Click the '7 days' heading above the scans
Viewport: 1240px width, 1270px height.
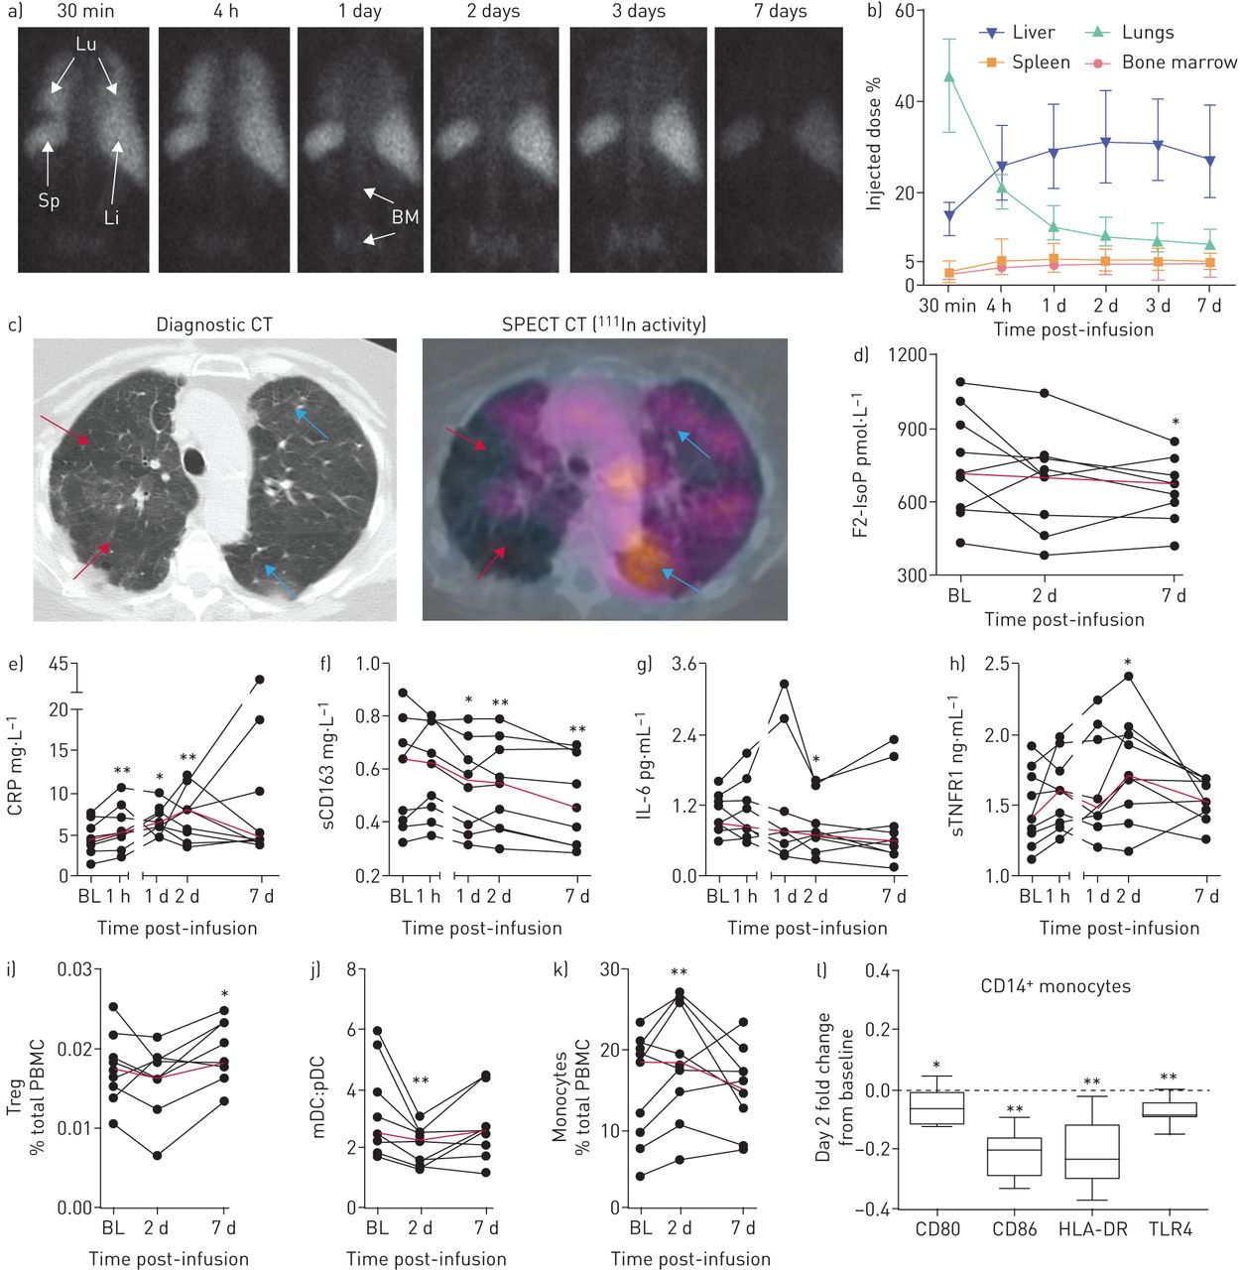(x=779, y=12)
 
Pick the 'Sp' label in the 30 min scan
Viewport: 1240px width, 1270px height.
(x=49, y=200)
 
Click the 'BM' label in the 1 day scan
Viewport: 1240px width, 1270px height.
(x=405, y=216)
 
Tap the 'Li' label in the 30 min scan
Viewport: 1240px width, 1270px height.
(x=111, y=216)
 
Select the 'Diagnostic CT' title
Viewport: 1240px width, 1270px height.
(x=214, y=324)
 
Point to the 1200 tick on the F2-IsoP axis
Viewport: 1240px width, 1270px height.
(x=908, y=356)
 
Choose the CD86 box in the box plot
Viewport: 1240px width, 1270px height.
(x=1014, y=1156)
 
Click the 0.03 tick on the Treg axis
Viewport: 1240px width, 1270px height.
(x=74, y=969)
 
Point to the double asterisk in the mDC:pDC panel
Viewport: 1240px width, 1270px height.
(x=421, y=1081)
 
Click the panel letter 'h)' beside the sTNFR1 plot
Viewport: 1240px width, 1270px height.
(x=956, y=663)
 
